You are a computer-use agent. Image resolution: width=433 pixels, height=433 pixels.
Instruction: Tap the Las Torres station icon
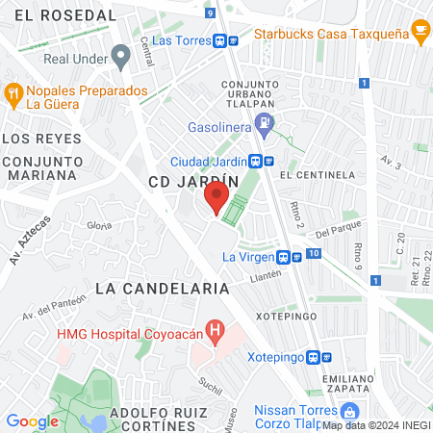[221, 41]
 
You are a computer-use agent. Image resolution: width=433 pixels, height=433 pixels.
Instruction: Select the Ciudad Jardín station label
[209, 162]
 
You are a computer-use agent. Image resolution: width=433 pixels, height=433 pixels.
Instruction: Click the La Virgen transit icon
[283, 257]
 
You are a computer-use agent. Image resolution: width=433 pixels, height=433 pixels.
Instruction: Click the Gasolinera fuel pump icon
[267, 122]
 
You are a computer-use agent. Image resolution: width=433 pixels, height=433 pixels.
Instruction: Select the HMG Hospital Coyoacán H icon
[216, 333]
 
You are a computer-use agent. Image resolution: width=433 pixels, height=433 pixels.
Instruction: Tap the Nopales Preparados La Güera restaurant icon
[13, 94]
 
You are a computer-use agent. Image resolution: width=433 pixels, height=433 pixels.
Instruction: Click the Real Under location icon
[120, 57]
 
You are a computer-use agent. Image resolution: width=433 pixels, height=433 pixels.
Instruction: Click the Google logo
[33, 420]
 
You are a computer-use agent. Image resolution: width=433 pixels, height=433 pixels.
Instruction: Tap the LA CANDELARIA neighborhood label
[162, 288]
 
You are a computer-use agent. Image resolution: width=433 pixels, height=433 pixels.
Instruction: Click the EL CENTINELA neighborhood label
[318, 176]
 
